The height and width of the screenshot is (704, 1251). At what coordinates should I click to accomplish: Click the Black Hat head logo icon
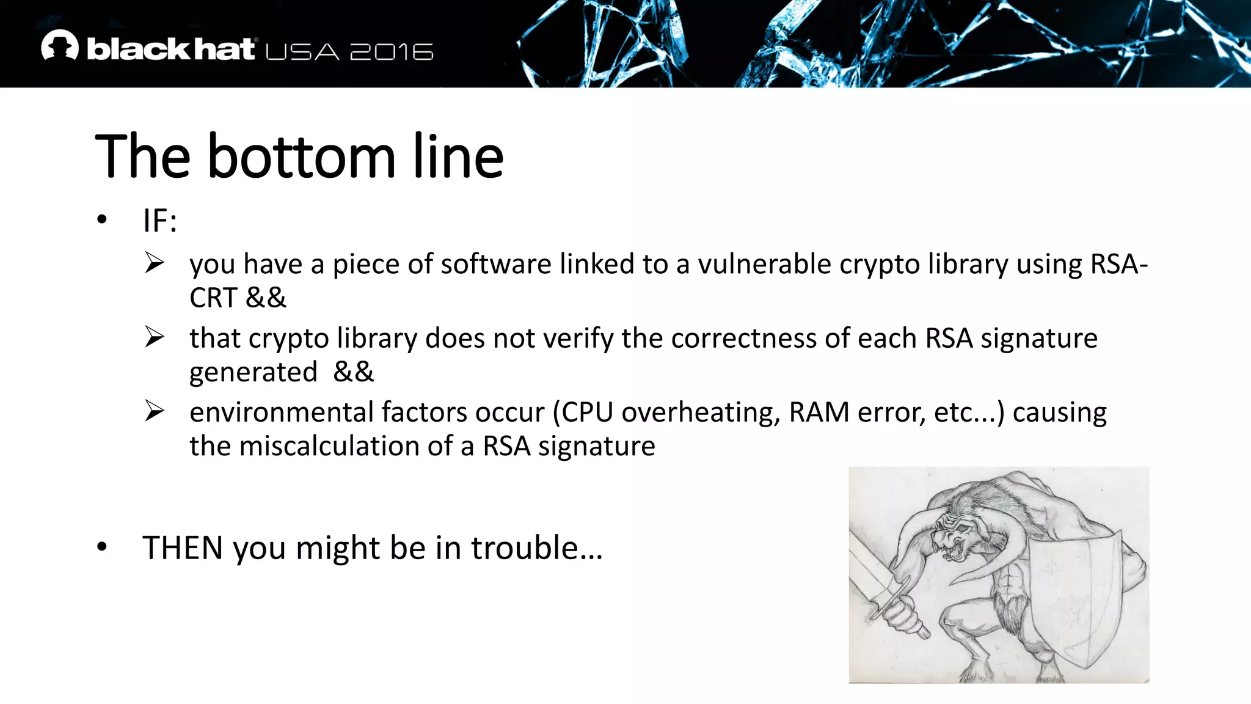60,46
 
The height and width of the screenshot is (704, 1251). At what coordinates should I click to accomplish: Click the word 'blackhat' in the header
170,49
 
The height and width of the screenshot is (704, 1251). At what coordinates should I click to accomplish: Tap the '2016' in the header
392,52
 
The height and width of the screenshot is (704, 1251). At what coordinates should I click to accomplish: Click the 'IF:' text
160,221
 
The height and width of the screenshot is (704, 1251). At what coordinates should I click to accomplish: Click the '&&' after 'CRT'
266,298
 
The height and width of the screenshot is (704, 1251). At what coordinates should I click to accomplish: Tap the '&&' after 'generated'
354,372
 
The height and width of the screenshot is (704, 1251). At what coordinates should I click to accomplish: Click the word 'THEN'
183,548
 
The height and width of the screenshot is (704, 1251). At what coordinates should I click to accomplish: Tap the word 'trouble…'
537,548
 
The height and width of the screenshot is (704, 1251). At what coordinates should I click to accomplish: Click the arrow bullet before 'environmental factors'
155,411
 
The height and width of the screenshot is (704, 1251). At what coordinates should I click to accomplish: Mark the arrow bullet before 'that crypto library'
155,337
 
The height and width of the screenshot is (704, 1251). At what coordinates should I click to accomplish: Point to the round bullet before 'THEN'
101,547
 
